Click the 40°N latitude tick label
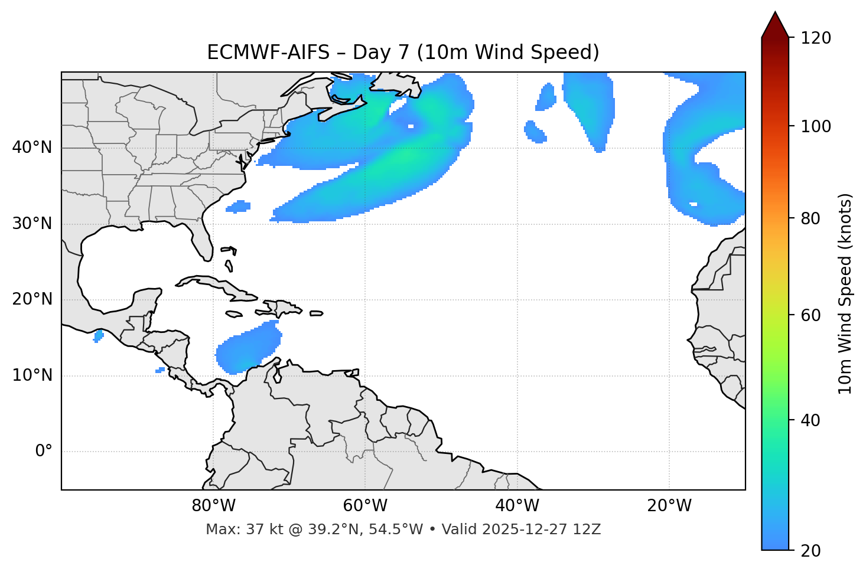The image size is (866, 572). pos(32,148)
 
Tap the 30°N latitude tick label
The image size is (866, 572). pos(32,224)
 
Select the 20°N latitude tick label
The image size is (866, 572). pos(32,299)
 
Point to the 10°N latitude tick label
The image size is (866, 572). pos(32,375)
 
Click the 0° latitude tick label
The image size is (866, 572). pos(44,452)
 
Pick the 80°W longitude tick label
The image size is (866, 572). pos(213,506)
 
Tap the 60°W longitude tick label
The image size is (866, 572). pos(365,506)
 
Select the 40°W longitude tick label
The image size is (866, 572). pos(517,506)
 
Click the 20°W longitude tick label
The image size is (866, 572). pos(669,506)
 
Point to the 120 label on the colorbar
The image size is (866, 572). pos(816,38)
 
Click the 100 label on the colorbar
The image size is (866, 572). pos(816,126)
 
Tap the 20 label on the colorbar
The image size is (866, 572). pos(810,551)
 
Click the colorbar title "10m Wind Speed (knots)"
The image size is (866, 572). pos(845,294)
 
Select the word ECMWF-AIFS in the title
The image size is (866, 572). pos(268,53)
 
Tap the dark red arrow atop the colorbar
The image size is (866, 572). pos(775,25)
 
